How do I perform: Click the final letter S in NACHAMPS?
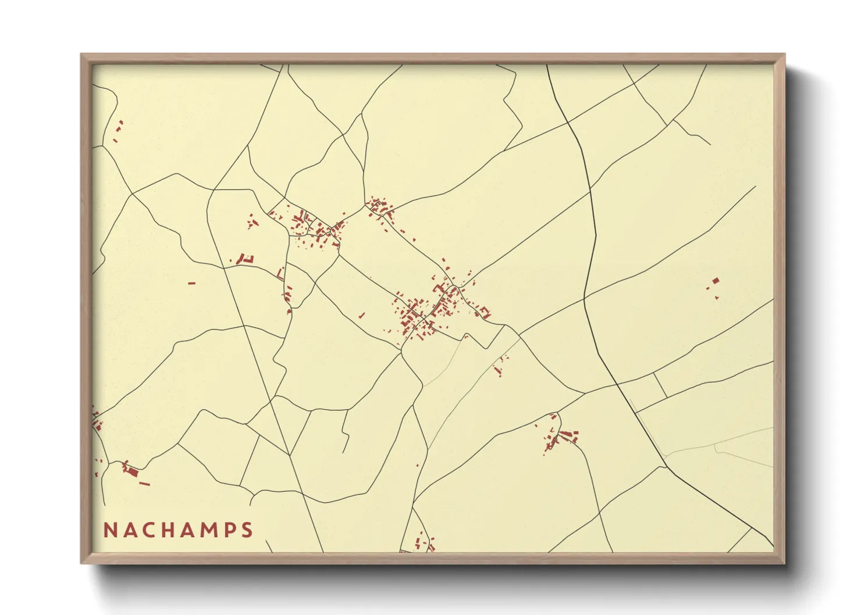coord(249,530)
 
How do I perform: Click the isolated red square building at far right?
coord(716,281)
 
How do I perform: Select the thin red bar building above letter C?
coord(145,483)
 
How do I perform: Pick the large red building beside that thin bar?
coord(131,470)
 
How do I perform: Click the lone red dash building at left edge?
coord(192,283)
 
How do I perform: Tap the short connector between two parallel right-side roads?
coord(660,385)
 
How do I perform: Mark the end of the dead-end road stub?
coord(345,452)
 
